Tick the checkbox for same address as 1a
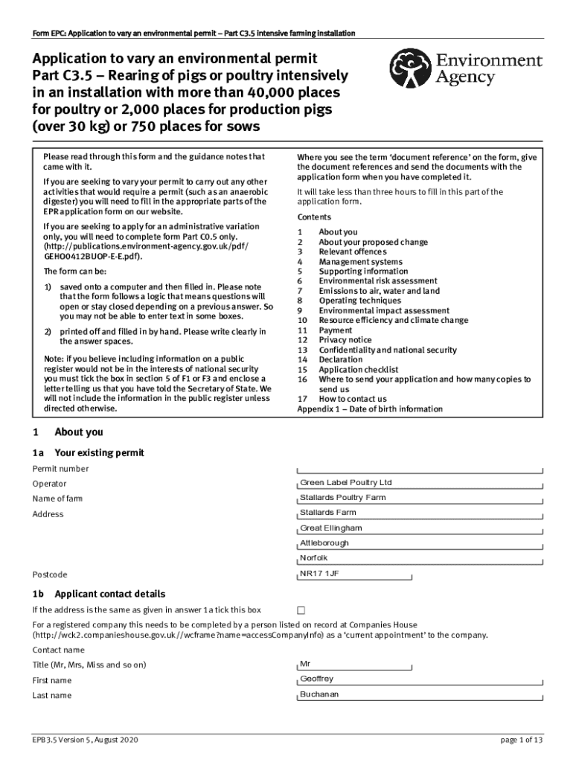(301, 610)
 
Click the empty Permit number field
(420, 469)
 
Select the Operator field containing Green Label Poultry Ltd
(420, 483)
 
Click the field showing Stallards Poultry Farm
(420, 498)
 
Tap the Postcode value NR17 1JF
(420, 574)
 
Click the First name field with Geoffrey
(420, 679)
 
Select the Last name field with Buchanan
(420, 695)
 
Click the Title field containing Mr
(420, 664)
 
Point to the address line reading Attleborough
(420, 543)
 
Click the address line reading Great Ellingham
(420, 528)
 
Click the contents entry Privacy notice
(346, 340)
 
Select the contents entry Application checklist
(358, 370)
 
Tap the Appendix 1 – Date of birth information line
(369, 409)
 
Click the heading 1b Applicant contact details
(98, 594)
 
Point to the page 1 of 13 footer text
(522, 740)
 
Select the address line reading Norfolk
(420, 558)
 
